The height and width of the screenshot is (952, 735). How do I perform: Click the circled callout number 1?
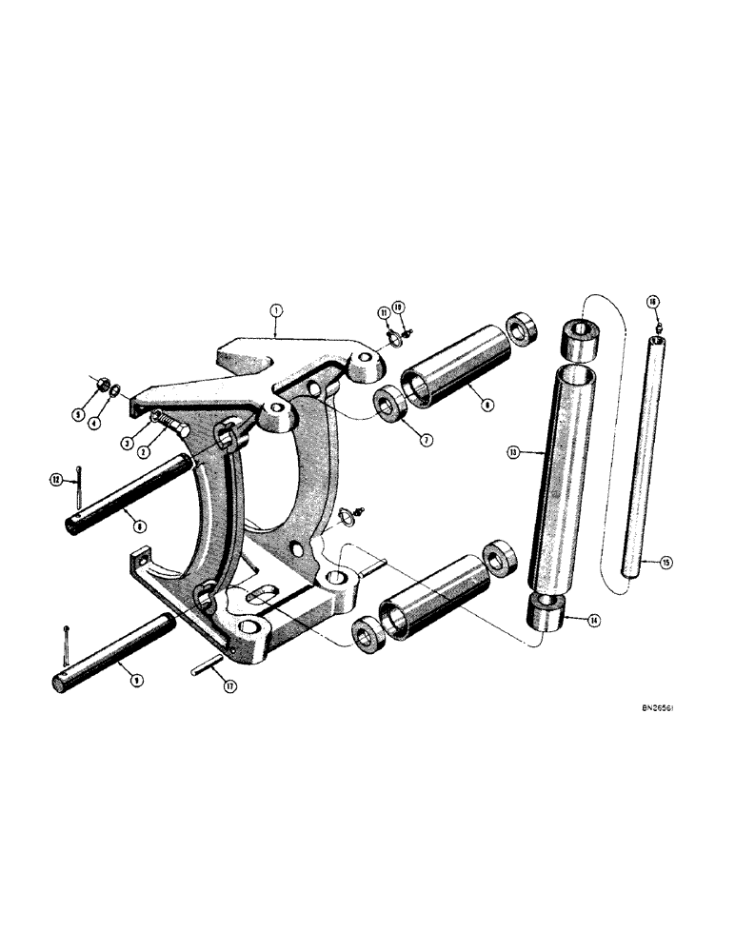tap(275, 309)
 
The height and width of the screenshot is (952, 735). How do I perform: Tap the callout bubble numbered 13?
tap(513, 453)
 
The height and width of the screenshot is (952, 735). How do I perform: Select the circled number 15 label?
tap(666, 564)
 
